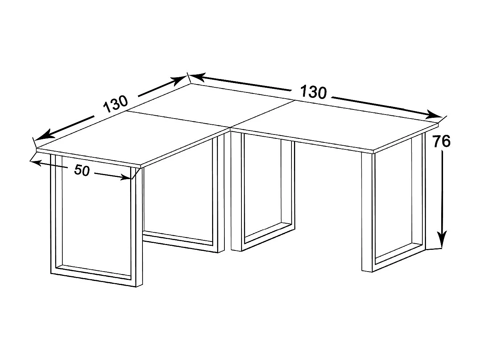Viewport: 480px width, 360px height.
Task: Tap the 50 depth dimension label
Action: tap(82, 170)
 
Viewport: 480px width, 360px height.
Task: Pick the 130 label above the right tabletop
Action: tap(313, 92)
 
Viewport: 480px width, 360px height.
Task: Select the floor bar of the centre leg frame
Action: tap(268, 235)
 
